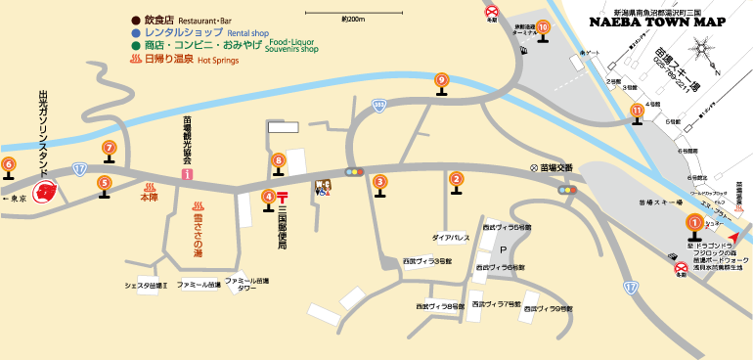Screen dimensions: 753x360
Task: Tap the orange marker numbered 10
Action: (543, 27)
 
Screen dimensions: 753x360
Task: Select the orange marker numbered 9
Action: (442, 80)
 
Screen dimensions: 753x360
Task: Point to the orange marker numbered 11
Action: (638, 112)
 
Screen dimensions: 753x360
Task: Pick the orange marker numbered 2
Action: (456, 178)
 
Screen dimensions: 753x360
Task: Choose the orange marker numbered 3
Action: (379, 180)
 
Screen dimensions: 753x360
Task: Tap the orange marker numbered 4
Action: (268, 196)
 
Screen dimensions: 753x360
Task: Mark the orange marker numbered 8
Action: (279, 160)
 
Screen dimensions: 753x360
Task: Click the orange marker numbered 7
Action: (109, 148)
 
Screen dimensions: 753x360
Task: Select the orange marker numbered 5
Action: (104, 181)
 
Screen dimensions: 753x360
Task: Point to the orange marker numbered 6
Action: (9, 164)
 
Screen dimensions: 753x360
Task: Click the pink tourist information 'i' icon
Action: (186, 173)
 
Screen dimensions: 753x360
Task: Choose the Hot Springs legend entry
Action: (176, 59)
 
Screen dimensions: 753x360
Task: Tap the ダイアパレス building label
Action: (451, 238)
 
